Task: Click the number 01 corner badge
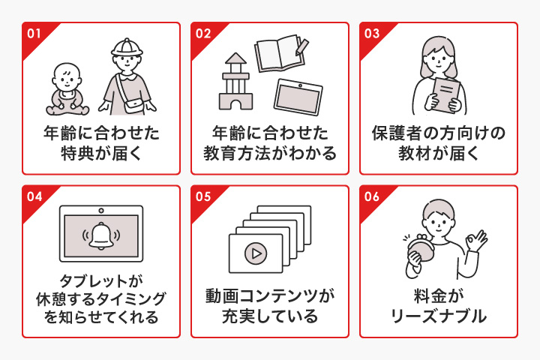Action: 33,33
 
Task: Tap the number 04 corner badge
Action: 33,196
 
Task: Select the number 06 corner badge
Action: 371,196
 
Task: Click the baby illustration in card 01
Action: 66,85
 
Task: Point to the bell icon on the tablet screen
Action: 100,234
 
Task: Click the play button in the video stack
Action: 255,253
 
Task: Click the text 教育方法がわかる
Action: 270,155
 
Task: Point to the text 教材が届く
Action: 439,155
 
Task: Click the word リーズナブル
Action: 439,316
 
